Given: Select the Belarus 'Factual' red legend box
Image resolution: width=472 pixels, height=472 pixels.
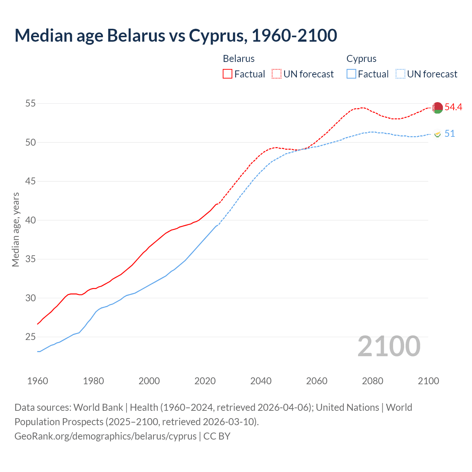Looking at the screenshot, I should coord(228,74).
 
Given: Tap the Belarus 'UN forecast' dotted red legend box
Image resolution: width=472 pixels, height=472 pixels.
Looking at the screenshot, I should coord(277,74).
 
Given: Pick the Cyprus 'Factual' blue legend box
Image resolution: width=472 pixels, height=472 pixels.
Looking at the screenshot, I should coord(351,74).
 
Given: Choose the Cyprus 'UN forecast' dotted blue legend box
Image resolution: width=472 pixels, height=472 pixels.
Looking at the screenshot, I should coord(400,74).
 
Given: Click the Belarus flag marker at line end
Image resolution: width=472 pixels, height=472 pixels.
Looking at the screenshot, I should coord(437,108).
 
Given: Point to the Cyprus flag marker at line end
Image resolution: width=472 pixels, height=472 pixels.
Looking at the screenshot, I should coord(437,134).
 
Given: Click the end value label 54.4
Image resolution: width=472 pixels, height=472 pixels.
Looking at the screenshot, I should coord(453,107).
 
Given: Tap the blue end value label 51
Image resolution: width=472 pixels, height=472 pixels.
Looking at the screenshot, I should coord(450,133).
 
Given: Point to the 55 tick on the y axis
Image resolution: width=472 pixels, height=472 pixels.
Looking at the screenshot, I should coord(30,104).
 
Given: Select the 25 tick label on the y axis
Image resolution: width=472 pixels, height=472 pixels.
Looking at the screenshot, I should coord(30,337).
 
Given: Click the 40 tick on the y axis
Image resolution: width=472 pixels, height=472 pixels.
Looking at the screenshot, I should coord(30,220).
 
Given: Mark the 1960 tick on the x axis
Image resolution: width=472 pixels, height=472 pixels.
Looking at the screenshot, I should coord(38,381).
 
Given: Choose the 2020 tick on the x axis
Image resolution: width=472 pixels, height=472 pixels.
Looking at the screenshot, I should coord(205,381).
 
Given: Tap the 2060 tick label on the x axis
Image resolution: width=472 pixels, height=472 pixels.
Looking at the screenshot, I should coord(317,381).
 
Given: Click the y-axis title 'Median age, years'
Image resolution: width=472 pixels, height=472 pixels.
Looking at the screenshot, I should coord(15,229).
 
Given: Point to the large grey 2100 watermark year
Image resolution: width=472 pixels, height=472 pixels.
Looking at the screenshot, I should coord(389,346).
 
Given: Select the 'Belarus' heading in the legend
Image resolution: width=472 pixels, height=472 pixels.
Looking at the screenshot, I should coord(239,59).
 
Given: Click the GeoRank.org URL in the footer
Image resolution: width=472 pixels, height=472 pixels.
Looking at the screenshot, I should coord(105,436).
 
